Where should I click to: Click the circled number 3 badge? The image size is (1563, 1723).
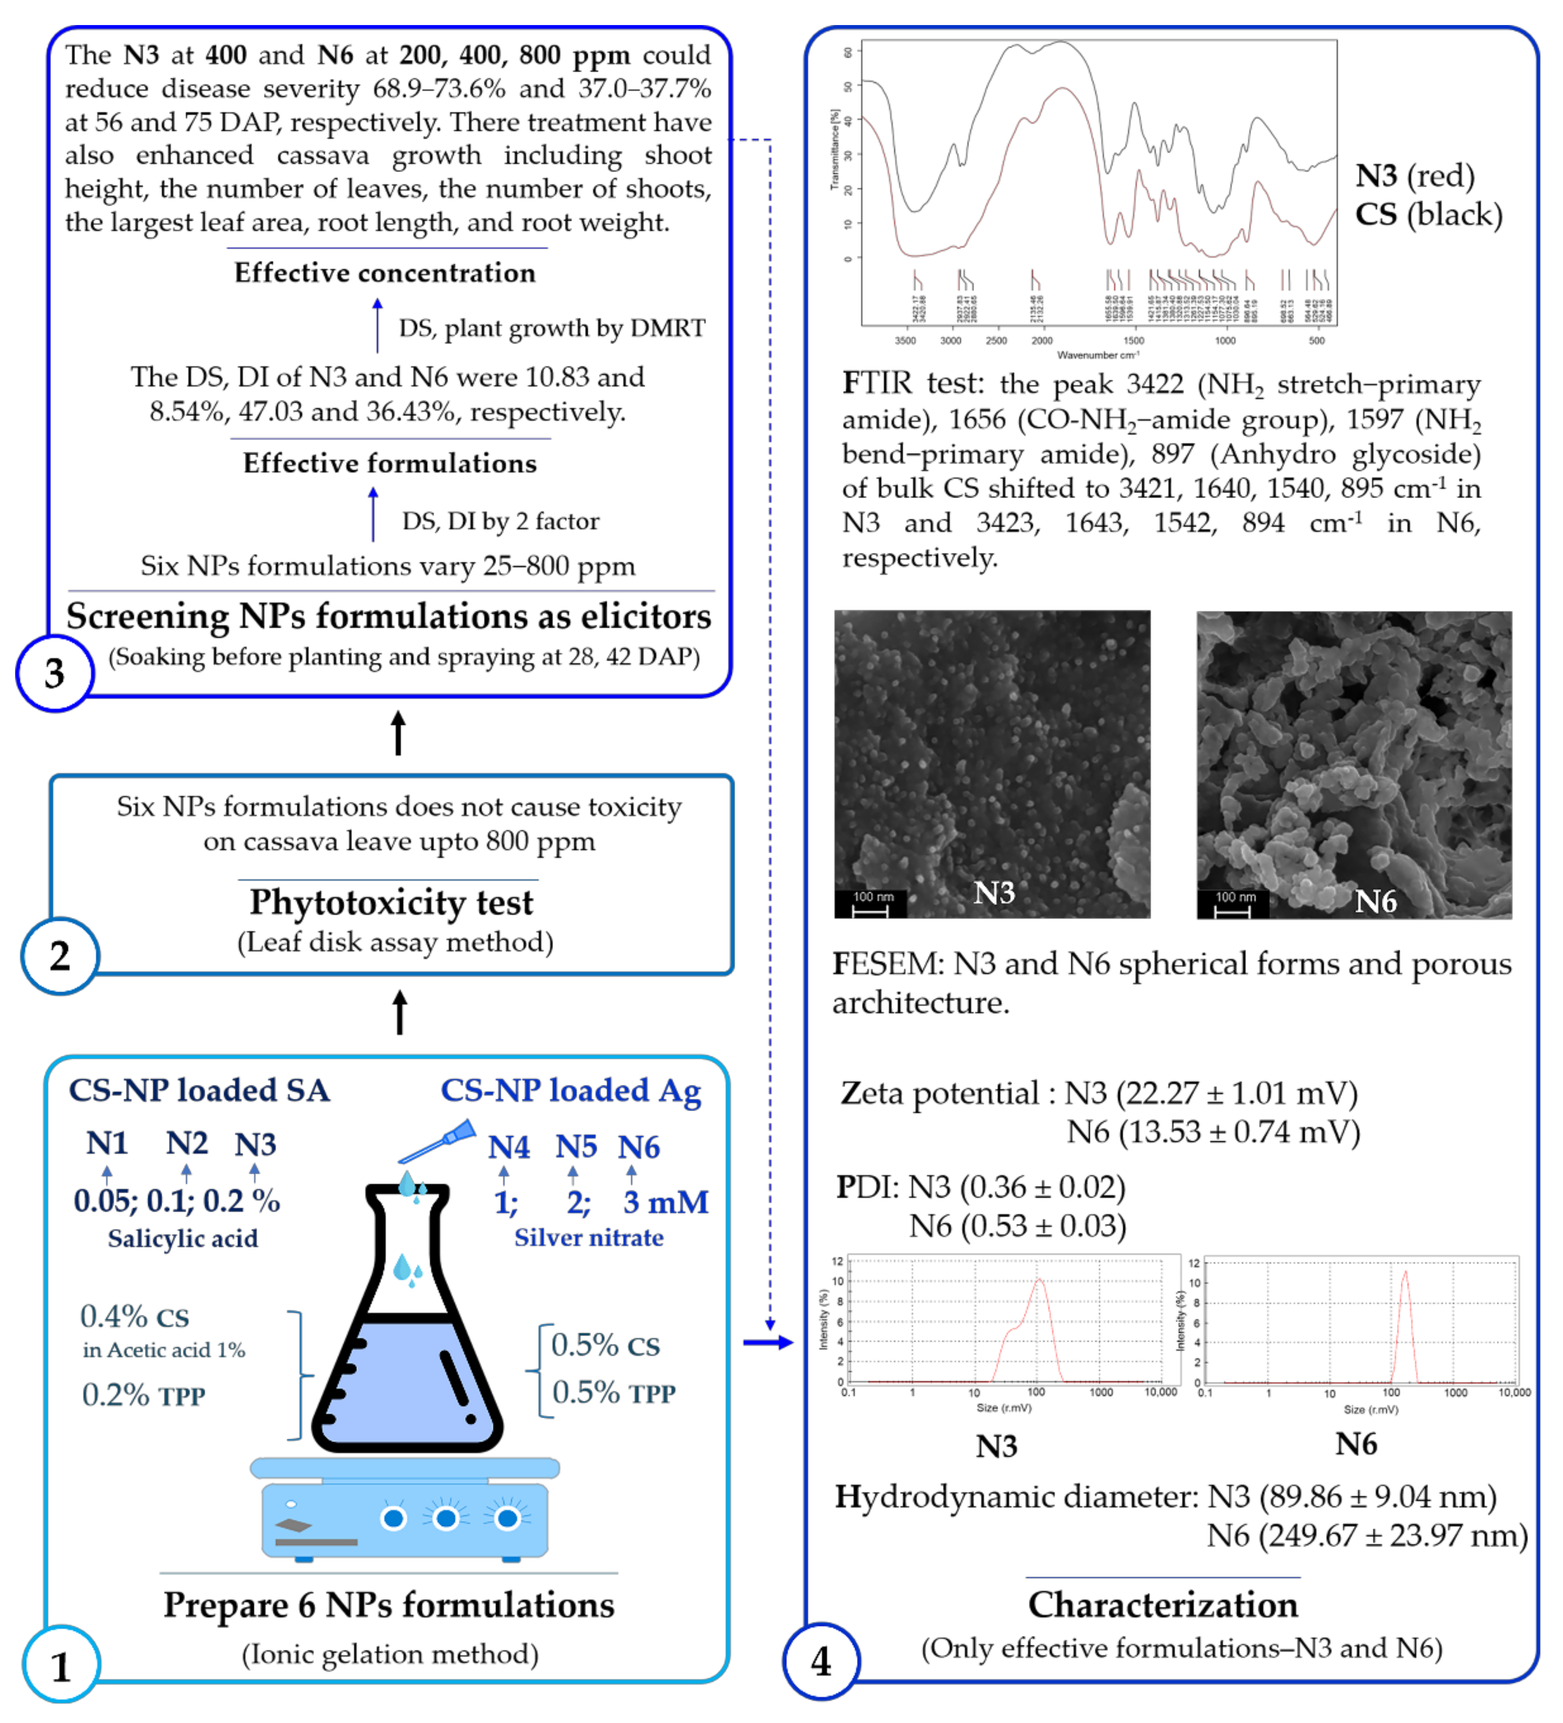(55, 673)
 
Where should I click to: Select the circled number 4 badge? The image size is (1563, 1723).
(821, 1660)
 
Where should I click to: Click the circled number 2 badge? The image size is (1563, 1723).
(60, 956)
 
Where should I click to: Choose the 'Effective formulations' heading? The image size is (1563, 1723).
(390, 463)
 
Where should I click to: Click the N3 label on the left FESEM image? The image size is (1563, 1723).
(994, 893)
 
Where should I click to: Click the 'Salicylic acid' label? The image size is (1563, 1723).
(183, 1238)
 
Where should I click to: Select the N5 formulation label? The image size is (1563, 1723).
(575, 1147)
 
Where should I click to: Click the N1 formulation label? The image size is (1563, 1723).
(107, 1144)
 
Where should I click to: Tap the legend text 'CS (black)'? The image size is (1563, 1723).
(1428, 215)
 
